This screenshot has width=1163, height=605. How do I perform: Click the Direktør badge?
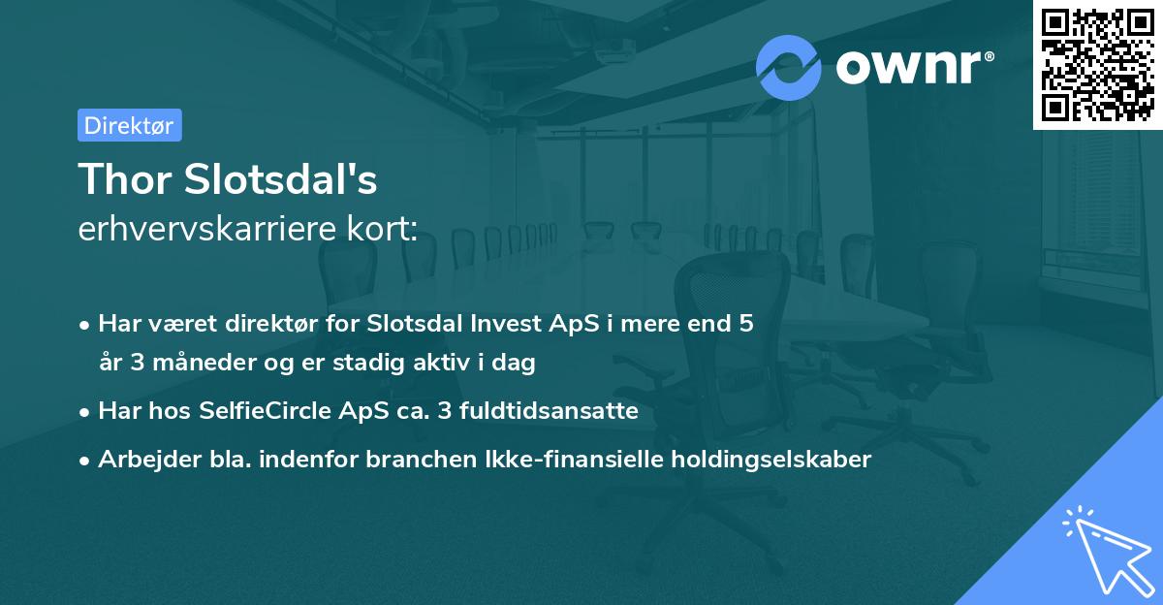(x=129, y=125)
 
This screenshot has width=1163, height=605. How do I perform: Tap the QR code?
(x=1098, y=64)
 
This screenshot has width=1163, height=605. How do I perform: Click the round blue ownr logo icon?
(x=789, y=67)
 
